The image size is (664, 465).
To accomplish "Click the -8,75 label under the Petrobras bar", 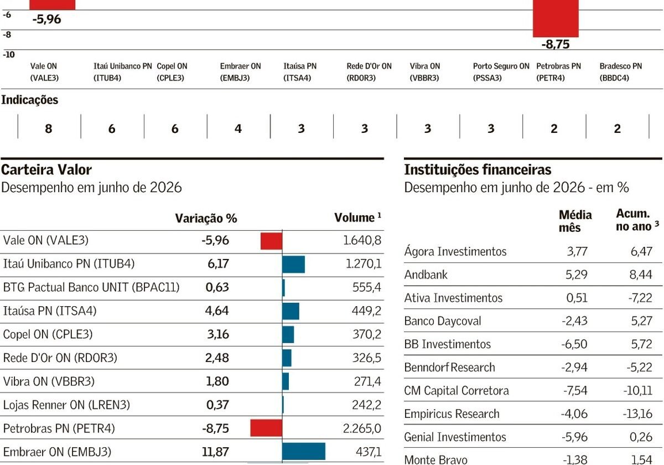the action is (x=556, y=44).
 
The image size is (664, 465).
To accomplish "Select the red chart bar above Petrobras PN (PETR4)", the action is (x=556, y=18).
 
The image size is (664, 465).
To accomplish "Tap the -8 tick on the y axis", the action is (x=7, y=34).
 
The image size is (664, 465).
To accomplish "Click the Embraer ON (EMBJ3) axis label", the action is (x=240, y=72).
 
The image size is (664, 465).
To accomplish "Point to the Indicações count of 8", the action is (x=48, y=128).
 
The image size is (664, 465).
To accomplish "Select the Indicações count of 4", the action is (x=238, y=128).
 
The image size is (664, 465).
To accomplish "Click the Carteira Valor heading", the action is (x=46, y=170).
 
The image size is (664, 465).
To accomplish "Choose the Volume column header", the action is (x=357, y=218).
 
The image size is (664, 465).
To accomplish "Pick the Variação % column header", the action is (x=206, y=218).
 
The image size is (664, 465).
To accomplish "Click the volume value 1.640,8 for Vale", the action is (x=362, y=240).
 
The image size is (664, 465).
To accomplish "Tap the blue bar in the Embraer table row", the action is (x=304, y=451).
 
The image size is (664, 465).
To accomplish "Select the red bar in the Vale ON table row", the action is (x=271, y=241).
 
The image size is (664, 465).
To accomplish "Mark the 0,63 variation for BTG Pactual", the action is (x=217, y=287).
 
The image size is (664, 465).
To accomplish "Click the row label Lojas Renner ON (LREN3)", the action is (x=66, y=405).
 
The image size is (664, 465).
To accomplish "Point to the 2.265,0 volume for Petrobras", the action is (x=362, y=428).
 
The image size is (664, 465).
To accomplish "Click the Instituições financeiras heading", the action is (x=478, y=170).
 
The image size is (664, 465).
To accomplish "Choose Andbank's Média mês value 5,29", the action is (x=576, y=275).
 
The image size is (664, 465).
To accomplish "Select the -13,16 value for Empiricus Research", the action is (x=637, y=414).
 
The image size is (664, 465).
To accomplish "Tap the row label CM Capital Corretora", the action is (x=456, y=391).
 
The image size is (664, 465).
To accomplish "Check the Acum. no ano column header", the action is (x=637, y=220).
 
